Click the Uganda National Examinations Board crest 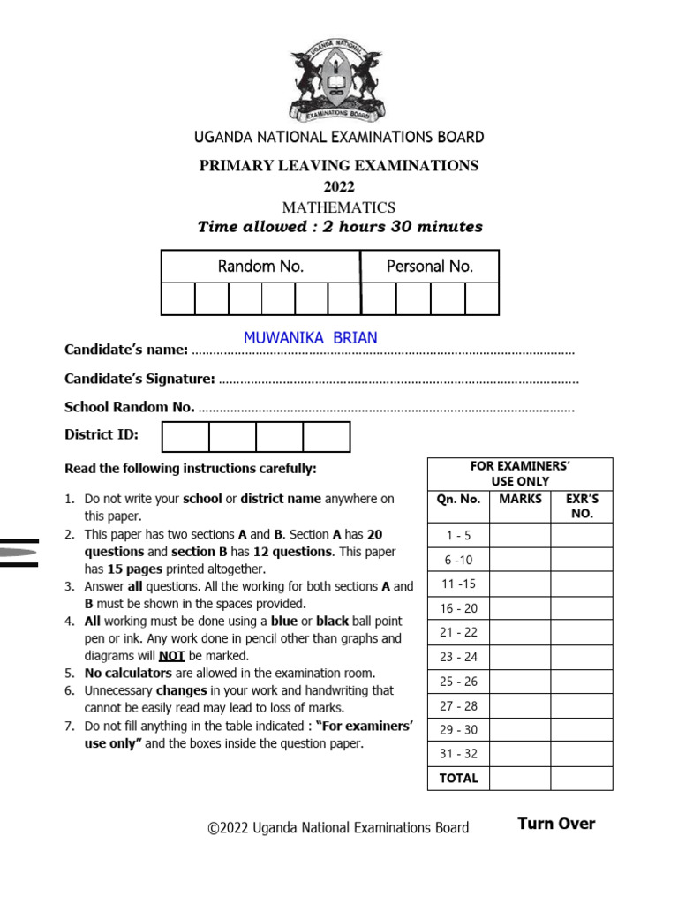(338, 84)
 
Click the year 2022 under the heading (338, 186)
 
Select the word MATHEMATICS (338, 207)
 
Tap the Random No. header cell (260, 266)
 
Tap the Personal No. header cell (430, 266)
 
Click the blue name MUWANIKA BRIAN (310, 337)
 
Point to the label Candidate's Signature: (139, 379)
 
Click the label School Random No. (130, 407)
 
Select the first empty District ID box (186, 436)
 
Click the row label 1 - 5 (458, 535)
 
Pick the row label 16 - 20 (458, 608)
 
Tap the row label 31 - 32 (458, 753)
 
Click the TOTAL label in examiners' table (458, 778)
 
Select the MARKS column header (520, 500)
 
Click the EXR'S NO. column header (582, 506)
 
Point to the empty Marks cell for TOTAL (520, 778)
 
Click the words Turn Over (556, 824)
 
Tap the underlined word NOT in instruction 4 (170, 656)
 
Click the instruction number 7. (69, 727)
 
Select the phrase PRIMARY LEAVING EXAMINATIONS (338, 165)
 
